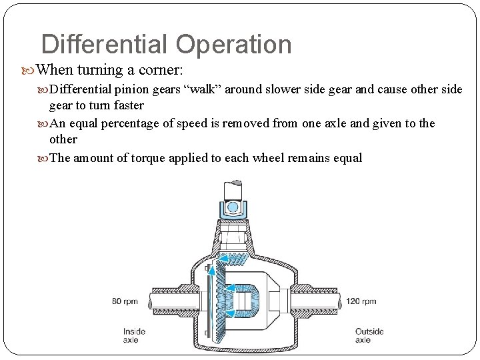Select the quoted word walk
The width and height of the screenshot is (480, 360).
pos(203,89)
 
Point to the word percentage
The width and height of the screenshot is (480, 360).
pos(133,123)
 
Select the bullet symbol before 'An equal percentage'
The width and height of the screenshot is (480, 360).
pos(44,123)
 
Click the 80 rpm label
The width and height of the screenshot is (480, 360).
pos(125,301)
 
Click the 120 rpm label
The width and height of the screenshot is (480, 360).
pos(361,301)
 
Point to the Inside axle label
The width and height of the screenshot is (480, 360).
pos(134,335)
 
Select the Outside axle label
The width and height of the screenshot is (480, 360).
pos(369,335)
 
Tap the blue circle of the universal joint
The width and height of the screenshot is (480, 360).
pos(232,207)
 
